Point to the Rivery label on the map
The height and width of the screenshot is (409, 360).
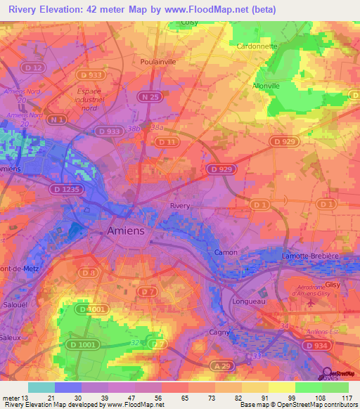(180, 206)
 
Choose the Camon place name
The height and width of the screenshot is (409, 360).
(226, 252)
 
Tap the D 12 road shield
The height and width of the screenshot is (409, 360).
(34, 67)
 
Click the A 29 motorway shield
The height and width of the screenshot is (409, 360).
(223, 367)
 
